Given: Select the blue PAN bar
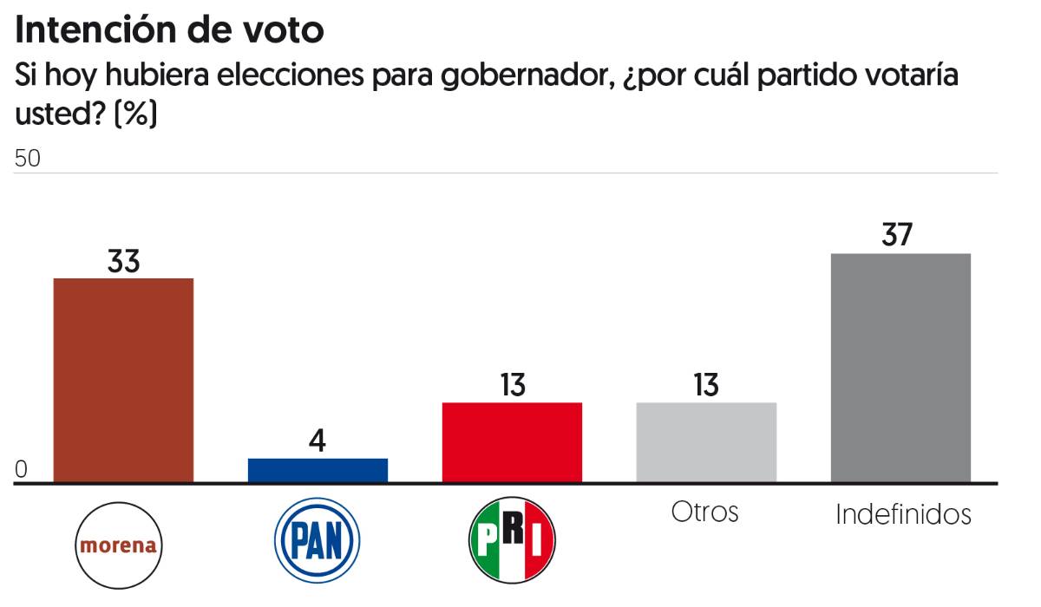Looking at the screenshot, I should point(318,470).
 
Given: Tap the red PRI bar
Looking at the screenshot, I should point(512,442).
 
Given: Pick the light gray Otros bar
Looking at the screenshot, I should point(706,442).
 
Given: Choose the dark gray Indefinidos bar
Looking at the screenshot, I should point(900,368).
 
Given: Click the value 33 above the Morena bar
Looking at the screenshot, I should point(123,262).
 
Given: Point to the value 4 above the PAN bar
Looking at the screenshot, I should point(318,441).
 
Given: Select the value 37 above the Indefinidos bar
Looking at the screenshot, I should point(900,236).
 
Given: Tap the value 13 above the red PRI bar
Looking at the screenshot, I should point(512,386).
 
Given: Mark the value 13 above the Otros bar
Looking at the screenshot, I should point(706,386).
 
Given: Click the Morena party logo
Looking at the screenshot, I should point(120,545).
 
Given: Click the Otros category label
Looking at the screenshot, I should point(704,512).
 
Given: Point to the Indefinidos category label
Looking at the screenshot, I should point(903,514).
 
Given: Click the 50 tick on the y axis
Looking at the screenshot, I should point(28,160).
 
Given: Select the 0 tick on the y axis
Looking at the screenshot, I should point(22,470).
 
